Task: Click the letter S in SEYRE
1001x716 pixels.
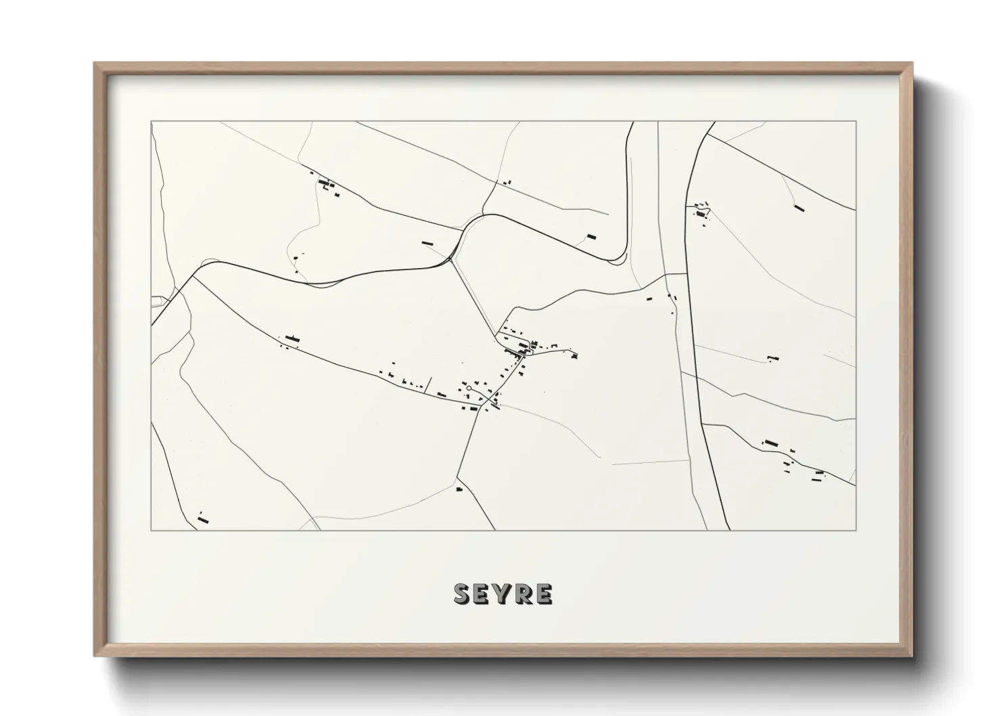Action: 463,594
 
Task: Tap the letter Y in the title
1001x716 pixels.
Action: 503,594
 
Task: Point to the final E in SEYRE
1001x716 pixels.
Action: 543,594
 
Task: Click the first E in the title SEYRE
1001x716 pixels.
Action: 483,594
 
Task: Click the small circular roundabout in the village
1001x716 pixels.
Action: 468,388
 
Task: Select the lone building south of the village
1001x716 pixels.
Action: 459,489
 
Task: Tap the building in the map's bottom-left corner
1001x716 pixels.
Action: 202,520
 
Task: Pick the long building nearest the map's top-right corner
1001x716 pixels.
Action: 799,208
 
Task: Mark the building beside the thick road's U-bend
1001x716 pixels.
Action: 592,237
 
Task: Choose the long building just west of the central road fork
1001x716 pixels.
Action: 427,242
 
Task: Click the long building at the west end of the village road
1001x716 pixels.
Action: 292,338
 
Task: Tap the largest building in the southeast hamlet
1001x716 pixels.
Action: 771,443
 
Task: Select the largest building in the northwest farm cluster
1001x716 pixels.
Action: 325,182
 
